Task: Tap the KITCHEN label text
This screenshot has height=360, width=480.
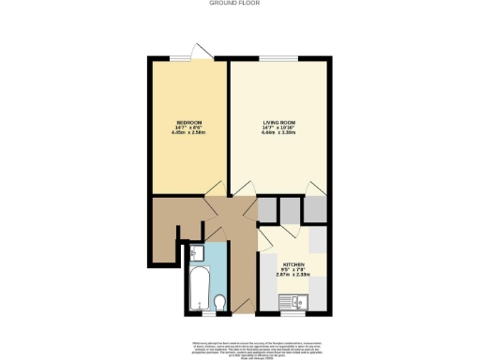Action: click(x=293, y=266)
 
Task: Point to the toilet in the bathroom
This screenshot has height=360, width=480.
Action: click(x=218, y=302)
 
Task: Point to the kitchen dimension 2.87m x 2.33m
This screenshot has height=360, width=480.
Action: click(x=293, y=277)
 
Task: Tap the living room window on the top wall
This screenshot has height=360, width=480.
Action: click(x=278, y=59)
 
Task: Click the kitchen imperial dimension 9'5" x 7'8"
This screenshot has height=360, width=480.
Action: click(x=293, y=272)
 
